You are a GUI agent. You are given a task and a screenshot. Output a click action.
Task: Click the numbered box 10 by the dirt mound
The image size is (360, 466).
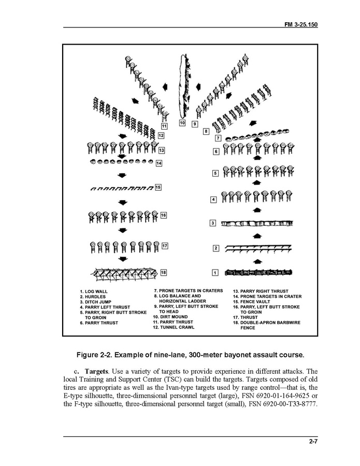pos(182,123)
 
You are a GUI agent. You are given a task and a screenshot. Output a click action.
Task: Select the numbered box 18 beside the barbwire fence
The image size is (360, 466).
pos(164,272)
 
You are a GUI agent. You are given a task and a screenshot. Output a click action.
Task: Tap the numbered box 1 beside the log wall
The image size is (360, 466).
pos(215,272)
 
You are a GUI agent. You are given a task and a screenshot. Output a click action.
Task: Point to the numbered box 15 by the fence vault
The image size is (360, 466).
pos(158,187)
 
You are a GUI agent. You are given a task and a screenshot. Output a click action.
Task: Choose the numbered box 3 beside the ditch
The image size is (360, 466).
pos(212,223)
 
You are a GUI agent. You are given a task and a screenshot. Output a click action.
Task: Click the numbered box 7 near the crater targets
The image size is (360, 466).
pos(218,138)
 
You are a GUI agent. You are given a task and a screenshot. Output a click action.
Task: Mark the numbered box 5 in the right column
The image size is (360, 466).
pos(215,174)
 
